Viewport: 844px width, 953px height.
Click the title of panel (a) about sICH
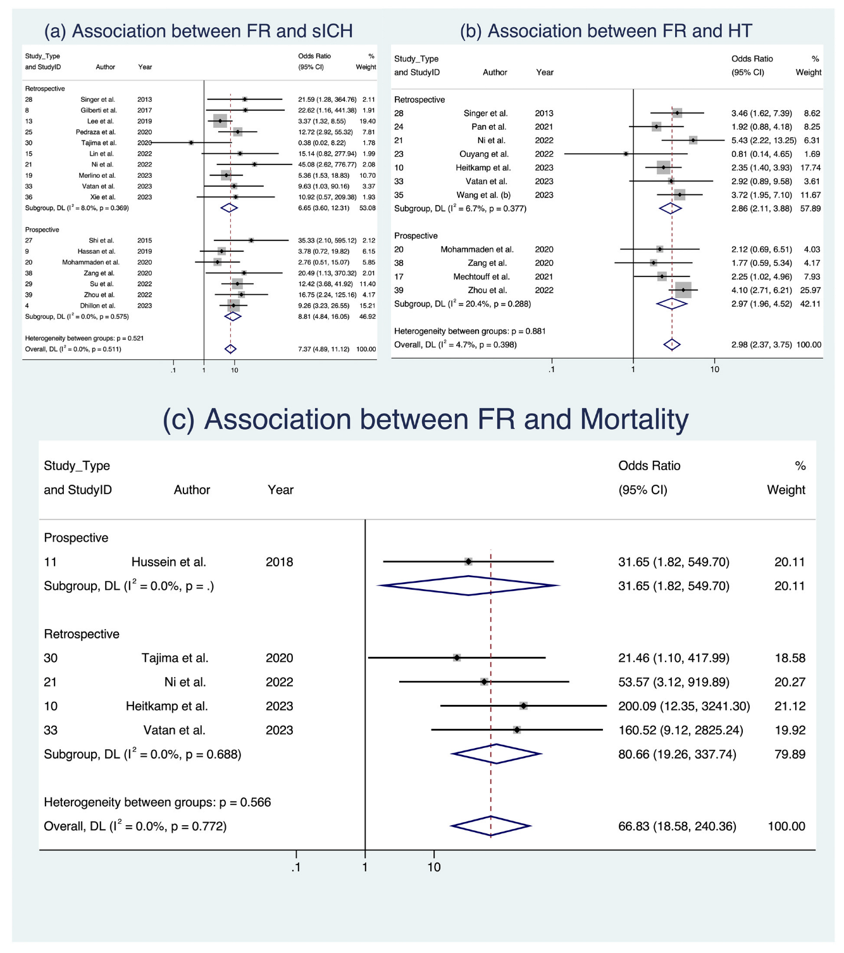click(x=198, y=31)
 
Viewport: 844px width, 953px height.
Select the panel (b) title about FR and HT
click(x=606, y=31)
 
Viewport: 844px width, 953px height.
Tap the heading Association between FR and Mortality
click(x=425, y=420)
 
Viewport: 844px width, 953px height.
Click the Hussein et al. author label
click(x=168, y=562)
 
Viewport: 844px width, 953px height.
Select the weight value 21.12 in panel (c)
click(x=790, y=706)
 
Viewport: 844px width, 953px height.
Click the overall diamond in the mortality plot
click(x=491, y=826)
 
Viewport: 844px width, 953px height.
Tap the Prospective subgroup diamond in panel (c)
click(x=468, y=585)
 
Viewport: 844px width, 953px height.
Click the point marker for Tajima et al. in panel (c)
click(x=457, y=658)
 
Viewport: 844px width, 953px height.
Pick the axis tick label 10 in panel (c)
click(x=434, y=867)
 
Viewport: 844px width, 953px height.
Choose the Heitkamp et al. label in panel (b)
click(x=483, y=168)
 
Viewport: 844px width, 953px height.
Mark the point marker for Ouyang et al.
click(x=626, y=154)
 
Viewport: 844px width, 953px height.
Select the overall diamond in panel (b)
click(x=672, y=344)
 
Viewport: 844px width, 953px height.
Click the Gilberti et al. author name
click(x=99, y=110)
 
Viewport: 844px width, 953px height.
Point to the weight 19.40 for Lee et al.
click(x=367, y=121)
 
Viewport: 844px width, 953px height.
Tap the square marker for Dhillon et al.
click(x=233, y=306)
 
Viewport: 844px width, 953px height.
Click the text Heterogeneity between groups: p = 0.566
click(x=157, y=802)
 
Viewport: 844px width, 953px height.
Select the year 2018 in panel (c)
click(x=279, y=562)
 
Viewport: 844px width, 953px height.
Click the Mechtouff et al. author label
click(x=481, y=277)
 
